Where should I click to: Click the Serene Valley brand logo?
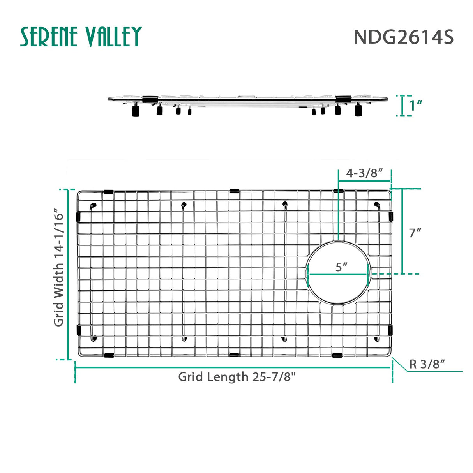[x=81, y=37]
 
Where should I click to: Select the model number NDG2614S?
[x=403, y=37]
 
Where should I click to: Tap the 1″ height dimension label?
[x=416, y=105]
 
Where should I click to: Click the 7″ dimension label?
[x=415, y=233]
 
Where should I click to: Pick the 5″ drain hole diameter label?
[x=341, y=267]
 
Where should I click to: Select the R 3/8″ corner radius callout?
[x=427, y=364]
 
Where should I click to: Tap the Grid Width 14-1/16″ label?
[x=58, y=268]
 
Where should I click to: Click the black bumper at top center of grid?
[x=234, y=191]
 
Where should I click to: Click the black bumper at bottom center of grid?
[x=234, y=355]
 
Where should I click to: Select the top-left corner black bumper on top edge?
[x=108, y=192]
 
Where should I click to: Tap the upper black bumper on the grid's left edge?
[x=78, y=216]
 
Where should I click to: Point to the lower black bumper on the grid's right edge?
[x=390, y=331]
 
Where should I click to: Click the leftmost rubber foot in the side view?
[x=136, y=112]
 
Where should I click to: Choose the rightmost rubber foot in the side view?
[x=358, y=111]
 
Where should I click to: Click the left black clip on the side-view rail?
[x=150, y=99]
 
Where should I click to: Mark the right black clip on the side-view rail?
[x=343, y=99]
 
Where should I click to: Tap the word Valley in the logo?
[x=113, y=37]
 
